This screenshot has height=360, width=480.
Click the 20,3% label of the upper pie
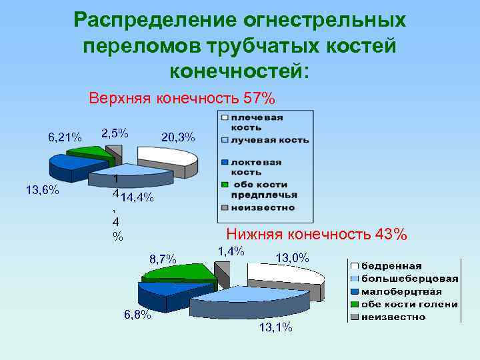tap(178, 137)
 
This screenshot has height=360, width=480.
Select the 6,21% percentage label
tap(65, 137)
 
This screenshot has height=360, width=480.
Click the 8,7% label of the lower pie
tap(163, 259)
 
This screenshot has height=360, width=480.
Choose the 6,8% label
tap(137, 315)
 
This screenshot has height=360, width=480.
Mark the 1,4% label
tap(232, 251)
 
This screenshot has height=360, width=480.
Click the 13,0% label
tap(292, 257)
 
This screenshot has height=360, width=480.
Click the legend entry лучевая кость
tap(269, 140)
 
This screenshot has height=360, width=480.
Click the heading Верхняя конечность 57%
tap(182, 99)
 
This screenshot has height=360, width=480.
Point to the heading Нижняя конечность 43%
tap(317, 234)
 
